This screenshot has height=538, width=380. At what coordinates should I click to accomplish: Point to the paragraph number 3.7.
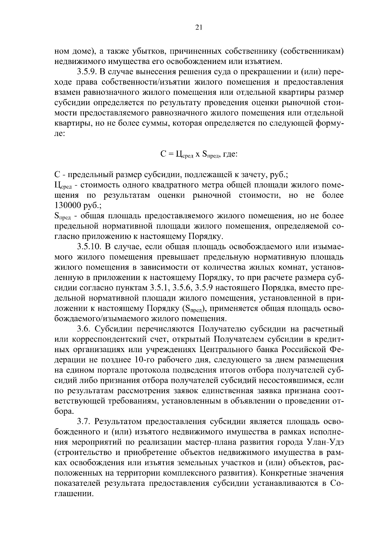tap(84, 422)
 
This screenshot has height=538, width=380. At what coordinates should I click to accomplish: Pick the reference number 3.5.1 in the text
tap(157, 288)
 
